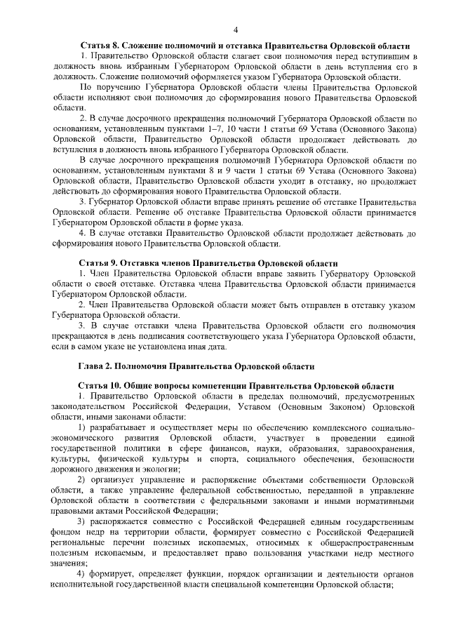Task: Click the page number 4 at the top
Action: point(236,29)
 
